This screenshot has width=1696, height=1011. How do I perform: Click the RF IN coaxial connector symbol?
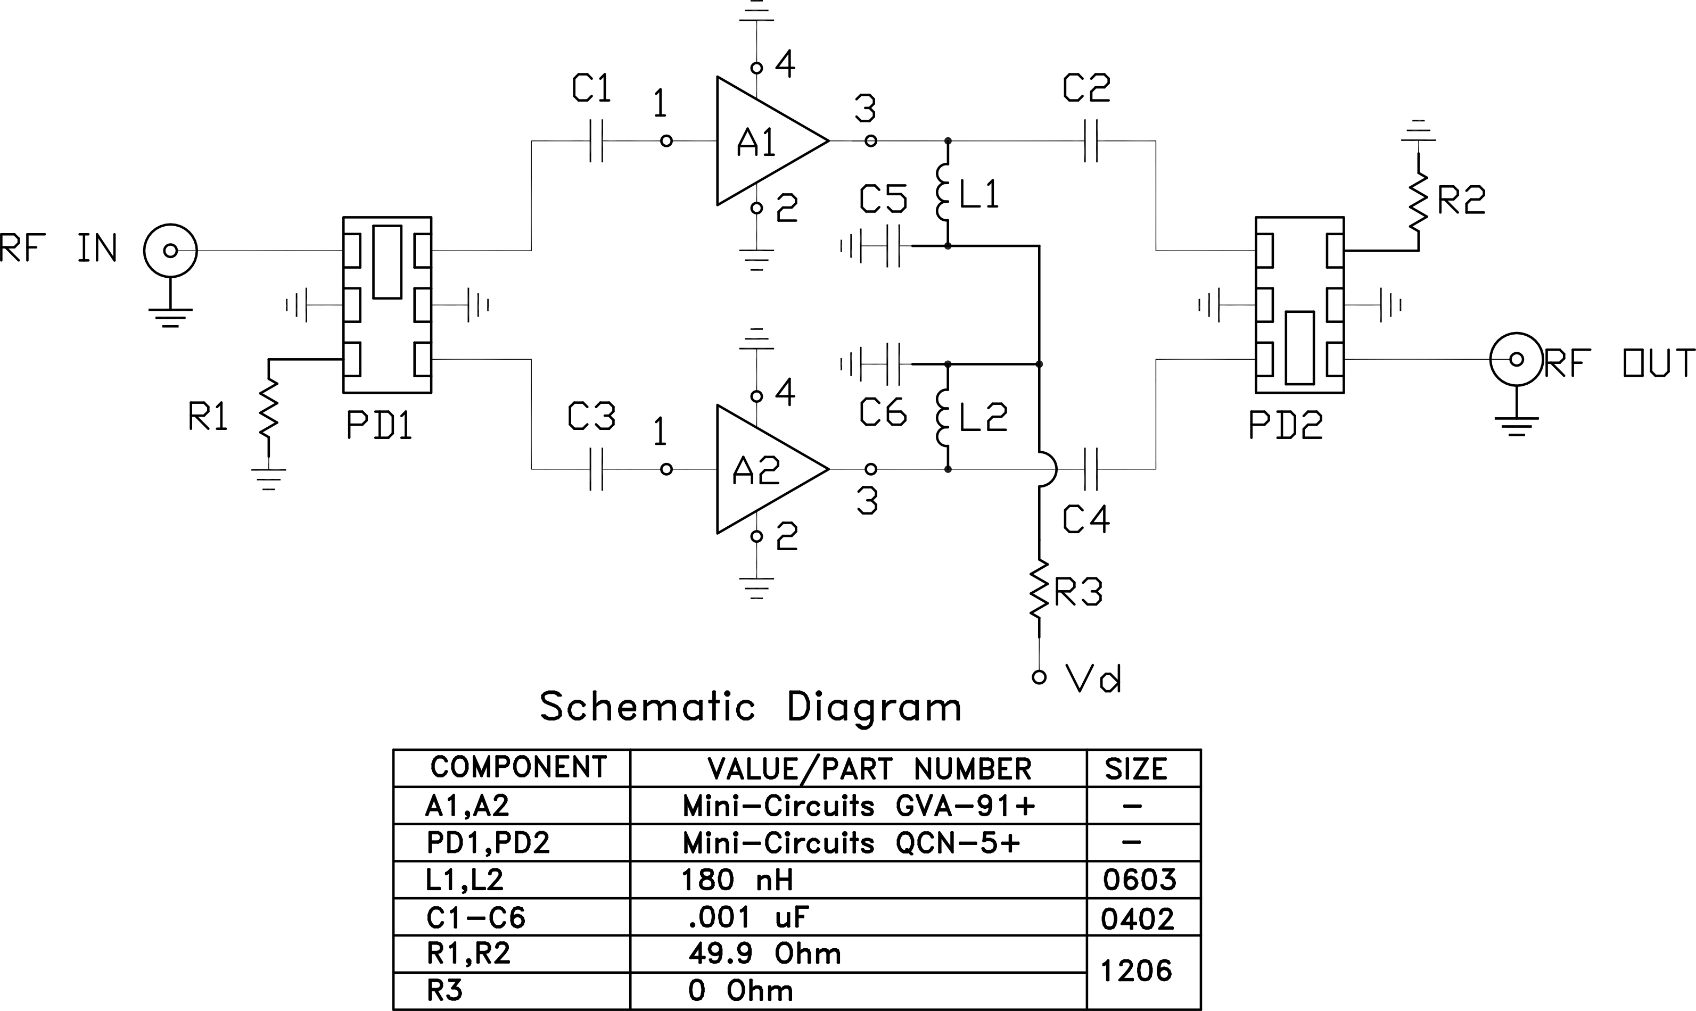point(170,251)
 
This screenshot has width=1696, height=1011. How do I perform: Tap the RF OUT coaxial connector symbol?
point(1516,359)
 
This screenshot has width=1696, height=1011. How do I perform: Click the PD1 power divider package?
point(387,304)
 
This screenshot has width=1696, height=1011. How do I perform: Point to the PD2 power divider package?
point(1299,304)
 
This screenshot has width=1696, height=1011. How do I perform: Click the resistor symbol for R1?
point(268,408)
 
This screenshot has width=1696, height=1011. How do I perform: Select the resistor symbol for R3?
point(1039,590)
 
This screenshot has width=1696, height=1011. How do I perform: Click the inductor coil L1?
point(944,192)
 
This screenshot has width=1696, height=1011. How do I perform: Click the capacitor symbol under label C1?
point(596,141)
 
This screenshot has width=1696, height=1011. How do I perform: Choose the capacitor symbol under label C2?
point(1090,141)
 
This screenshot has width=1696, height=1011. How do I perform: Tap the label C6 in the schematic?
point(883,413)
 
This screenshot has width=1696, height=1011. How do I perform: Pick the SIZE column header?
point(1135,769)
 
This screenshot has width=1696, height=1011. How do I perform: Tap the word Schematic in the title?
point(647,707)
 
